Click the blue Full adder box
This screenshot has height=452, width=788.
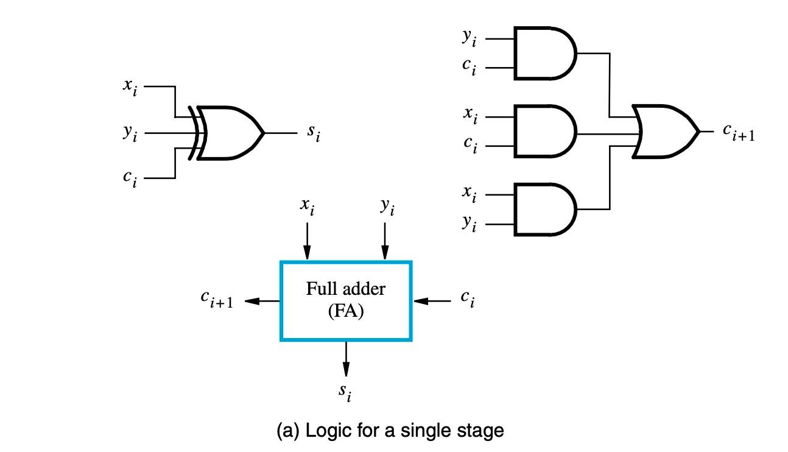coord(346,300)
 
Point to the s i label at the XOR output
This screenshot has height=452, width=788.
coord(313,134)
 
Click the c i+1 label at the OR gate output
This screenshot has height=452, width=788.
coord(738,132)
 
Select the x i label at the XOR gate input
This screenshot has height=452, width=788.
coord(129,87)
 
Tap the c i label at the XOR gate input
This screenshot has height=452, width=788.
coord(129,178)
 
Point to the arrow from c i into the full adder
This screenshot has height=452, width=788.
coord(432,300)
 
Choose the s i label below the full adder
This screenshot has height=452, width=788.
coord(345,393)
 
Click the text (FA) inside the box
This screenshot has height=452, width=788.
coord(345,313)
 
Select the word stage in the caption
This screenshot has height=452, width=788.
coord(478,431)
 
